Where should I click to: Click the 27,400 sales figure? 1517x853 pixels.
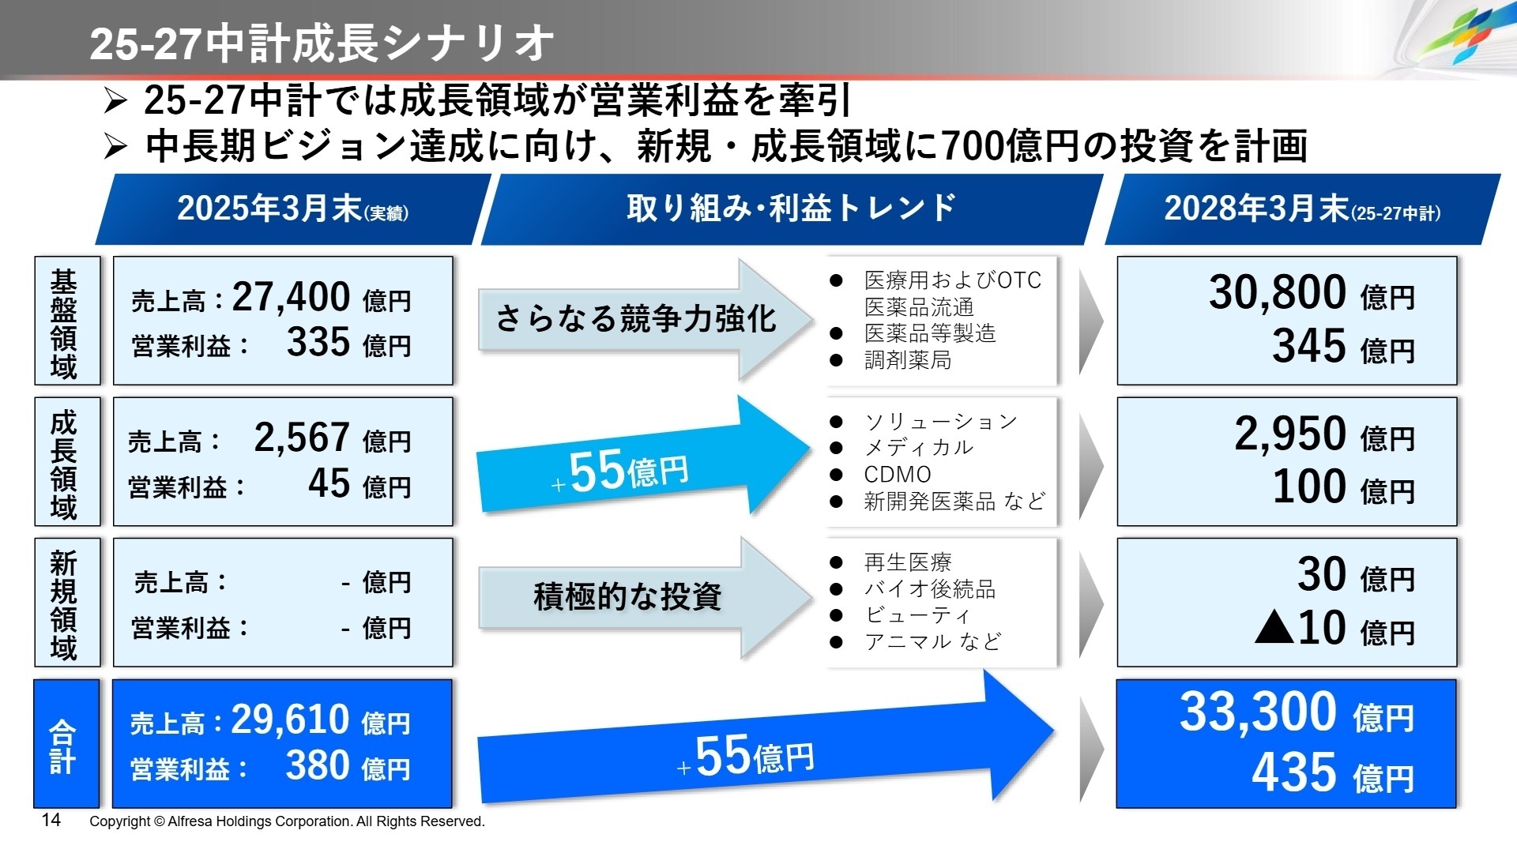click(291, 298)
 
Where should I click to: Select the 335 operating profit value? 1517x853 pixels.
click(318, 343)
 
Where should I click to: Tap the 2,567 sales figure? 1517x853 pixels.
click(302, 438)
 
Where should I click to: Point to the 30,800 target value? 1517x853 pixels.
click(1277, 293)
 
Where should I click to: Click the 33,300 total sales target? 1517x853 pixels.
click(1258, 712)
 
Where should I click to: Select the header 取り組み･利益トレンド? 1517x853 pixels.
click(791, 209)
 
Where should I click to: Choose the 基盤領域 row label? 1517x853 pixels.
click(64, 322)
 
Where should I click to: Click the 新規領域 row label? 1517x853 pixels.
click(64, 604)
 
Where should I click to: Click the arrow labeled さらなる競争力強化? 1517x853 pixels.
click(636, 319)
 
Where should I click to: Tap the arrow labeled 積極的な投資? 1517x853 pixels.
click(628, 596)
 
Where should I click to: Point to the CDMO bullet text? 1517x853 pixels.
click(898, 475)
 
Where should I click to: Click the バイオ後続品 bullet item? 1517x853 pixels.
click(930, 589)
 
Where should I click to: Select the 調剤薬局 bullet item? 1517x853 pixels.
click(908, 360)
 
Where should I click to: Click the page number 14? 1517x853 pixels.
click(51, 820)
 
